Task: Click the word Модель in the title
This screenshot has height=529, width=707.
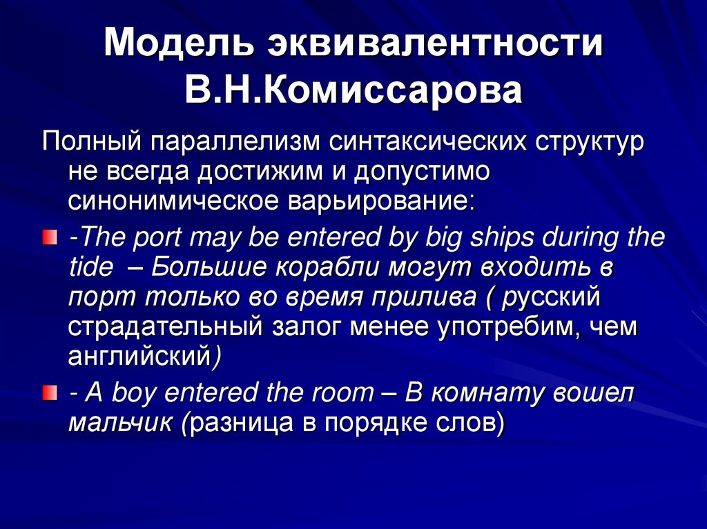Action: tap(177, 45)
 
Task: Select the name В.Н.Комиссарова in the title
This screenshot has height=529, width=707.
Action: tap(353, 92)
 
